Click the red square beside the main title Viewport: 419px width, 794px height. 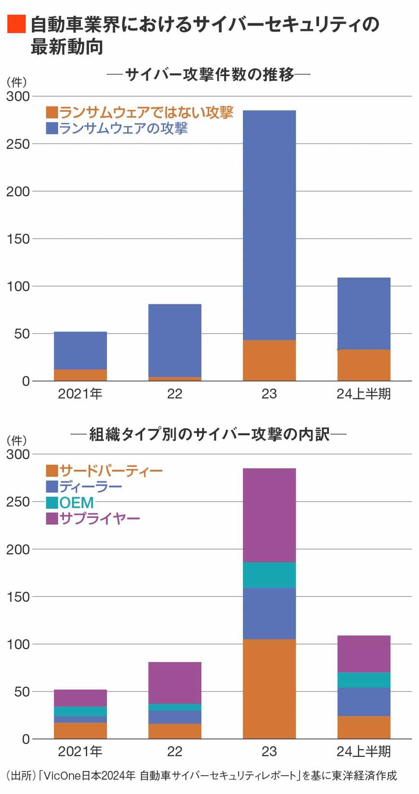[16, 24]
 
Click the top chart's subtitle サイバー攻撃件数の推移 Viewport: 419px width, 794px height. [209, 74]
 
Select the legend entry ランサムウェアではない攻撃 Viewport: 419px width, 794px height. [145, 112]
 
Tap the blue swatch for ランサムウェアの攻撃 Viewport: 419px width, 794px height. [52, 128]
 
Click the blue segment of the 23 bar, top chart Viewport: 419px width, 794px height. [269, 225]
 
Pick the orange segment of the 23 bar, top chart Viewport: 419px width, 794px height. [269, 360]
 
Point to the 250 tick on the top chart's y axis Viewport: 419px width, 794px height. [18, 144]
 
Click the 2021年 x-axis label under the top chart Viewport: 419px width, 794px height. [80, 394]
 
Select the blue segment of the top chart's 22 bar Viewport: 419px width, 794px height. [175, 340]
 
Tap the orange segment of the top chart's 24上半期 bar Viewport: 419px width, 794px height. [364, 365]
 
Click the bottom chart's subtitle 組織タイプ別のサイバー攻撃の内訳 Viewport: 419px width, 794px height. [209, 435]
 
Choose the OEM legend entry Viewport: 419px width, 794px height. [76, 503]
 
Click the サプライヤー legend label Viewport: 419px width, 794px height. [100, 518]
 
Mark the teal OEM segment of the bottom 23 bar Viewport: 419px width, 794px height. [269, 575]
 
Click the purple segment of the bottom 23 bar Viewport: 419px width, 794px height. [269, 515]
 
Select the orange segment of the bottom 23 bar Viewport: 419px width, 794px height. [269, 688]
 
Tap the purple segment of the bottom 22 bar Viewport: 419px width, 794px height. [175, 683]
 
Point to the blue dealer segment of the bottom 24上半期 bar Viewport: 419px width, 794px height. [364, 701]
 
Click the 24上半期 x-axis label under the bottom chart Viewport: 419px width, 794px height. [364, 752]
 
